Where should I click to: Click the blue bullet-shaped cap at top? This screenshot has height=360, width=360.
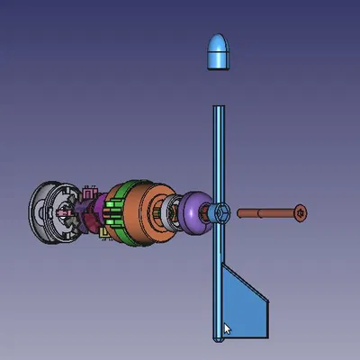(x=219, y=53)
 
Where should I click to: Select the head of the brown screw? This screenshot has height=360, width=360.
(x=301, y=213)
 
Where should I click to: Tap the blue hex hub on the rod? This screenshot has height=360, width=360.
(x=222, y=213)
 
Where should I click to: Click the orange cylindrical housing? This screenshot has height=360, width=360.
(x=144, y=216)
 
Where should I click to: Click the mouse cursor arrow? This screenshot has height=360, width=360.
(x=227, y=328)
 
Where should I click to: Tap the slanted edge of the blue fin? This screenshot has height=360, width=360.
(x=247, y=282)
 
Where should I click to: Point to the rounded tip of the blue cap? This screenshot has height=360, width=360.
(x=219, y=38)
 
